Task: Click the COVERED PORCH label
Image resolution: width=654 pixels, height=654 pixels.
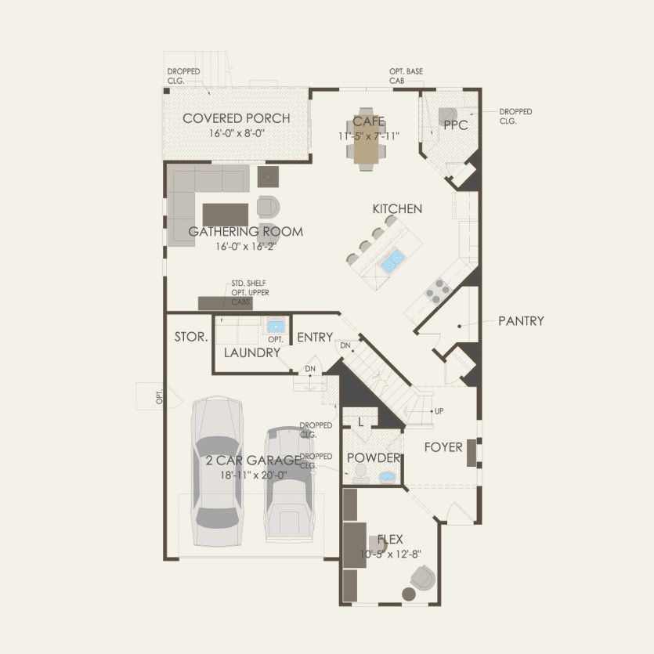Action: pyautogui.click(x=236, y=118)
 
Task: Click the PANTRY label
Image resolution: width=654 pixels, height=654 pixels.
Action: pyautogui.click(x=521, y=321)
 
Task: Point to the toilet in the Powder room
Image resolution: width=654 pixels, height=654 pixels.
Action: pyautogui.click(x=360, y=472)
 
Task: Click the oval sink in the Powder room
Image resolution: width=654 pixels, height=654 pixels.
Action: pyautogui.click(x=387, y=477)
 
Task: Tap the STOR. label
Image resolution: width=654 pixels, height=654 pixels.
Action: pyautogui.click(x=191, y=338)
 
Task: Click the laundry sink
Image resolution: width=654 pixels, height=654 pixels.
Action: pyautogui.click(x=275, y=326)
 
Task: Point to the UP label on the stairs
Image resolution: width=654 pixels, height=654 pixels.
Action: pyautogui.click(x=439, y=411)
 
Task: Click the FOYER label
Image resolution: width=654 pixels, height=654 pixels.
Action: pyautogui.click(x=443, y=448)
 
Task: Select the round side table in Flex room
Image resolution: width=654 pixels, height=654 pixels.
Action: pyautogui.click(x=408, y=595)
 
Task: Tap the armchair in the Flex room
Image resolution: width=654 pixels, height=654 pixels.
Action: pyautogui.click(x=422, y=578)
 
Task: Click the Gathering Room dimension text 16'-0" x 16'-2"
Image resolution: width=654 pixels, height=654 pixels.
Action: pyautogui.click(x=248, y=246)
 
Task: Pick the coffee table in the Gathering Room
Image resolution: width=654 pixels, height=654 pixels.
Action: pyautogui.click(x=226, y=214)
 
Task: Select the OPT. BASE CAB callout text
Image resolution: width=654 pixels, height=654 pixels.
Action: pyautogui.click(x=406, y=75)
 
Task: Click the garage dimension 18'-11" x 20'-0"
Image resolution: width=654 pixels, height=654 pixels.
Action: pyautogui.click(x=253, y=475)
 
